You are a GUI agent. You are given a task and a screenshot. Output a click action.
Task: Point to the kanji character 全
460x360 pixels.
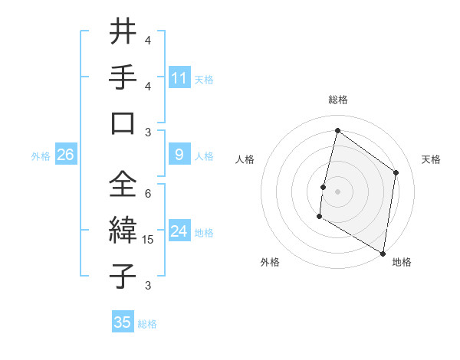123,184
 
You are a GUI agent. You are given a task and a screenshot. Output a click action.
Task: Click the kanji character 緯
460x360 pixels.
123,229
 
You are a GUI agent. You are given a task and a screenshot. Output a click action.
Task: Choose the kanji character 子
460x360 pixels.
123,275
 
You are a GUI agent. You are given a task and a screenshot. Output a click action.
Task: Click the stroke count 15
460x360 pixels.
149,240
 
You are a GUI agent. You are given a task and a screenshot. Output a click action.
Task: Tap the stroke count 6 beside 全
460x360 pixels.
148,194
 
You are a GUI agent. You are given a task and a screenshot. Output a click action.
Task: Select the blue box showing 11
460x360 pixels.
179,77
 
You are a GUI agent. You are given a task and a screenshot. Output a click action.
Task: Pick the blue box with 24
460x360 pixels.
179,231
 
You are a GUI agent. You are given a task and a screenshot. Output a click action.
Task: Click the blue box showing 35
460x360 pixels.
123,322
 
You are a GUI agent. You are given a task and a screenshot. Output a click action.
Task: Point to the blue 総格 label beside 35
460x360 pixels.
147,324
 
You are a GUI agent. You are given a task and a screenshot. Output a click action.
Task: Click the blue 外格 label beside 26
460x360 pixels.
41,156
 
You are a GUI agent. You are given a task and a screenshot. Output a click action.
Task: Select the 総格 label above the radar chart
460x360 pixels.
338,100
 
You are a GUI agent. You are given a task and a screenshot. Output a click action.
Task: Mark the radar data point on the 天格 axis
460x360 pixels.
396,172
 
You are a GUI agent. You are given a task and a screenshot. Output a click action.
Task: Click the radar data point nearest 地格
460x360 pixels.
383,253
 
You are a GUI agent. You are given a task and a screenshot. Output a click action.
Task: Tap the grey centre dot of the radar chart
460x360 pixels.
337,191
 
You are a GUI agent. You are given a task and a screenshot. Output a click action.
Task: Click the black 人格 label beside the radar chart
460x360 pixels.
245,159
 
